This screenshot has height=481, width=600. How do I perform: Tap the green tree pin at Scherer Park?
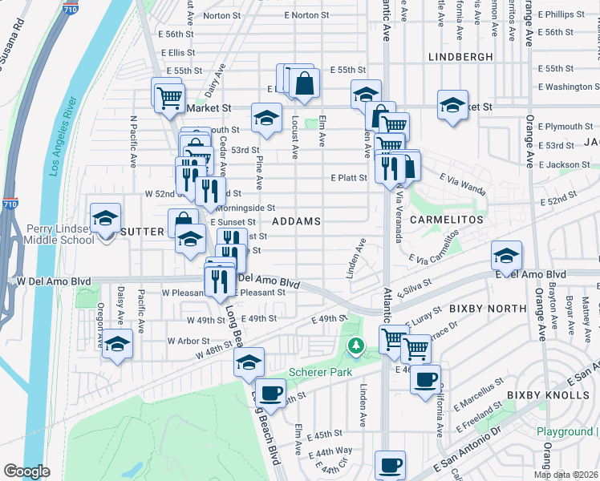coord(355,346)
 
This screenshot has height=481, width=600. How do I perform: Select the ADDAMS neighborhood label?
coord(297,220)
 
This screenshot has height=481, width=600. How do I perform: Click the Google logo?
coord(26,471)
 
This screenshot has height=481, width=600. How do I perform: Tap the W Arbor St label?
coord(189,341)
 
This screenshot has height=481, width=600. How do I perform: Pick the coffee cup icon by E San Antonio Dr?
coord(391,464)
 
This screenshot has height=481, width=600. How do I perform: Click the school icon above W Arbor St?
coord(117,344)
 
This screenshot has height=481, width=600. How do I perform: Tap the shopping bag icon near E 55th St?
coord(305,83)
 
